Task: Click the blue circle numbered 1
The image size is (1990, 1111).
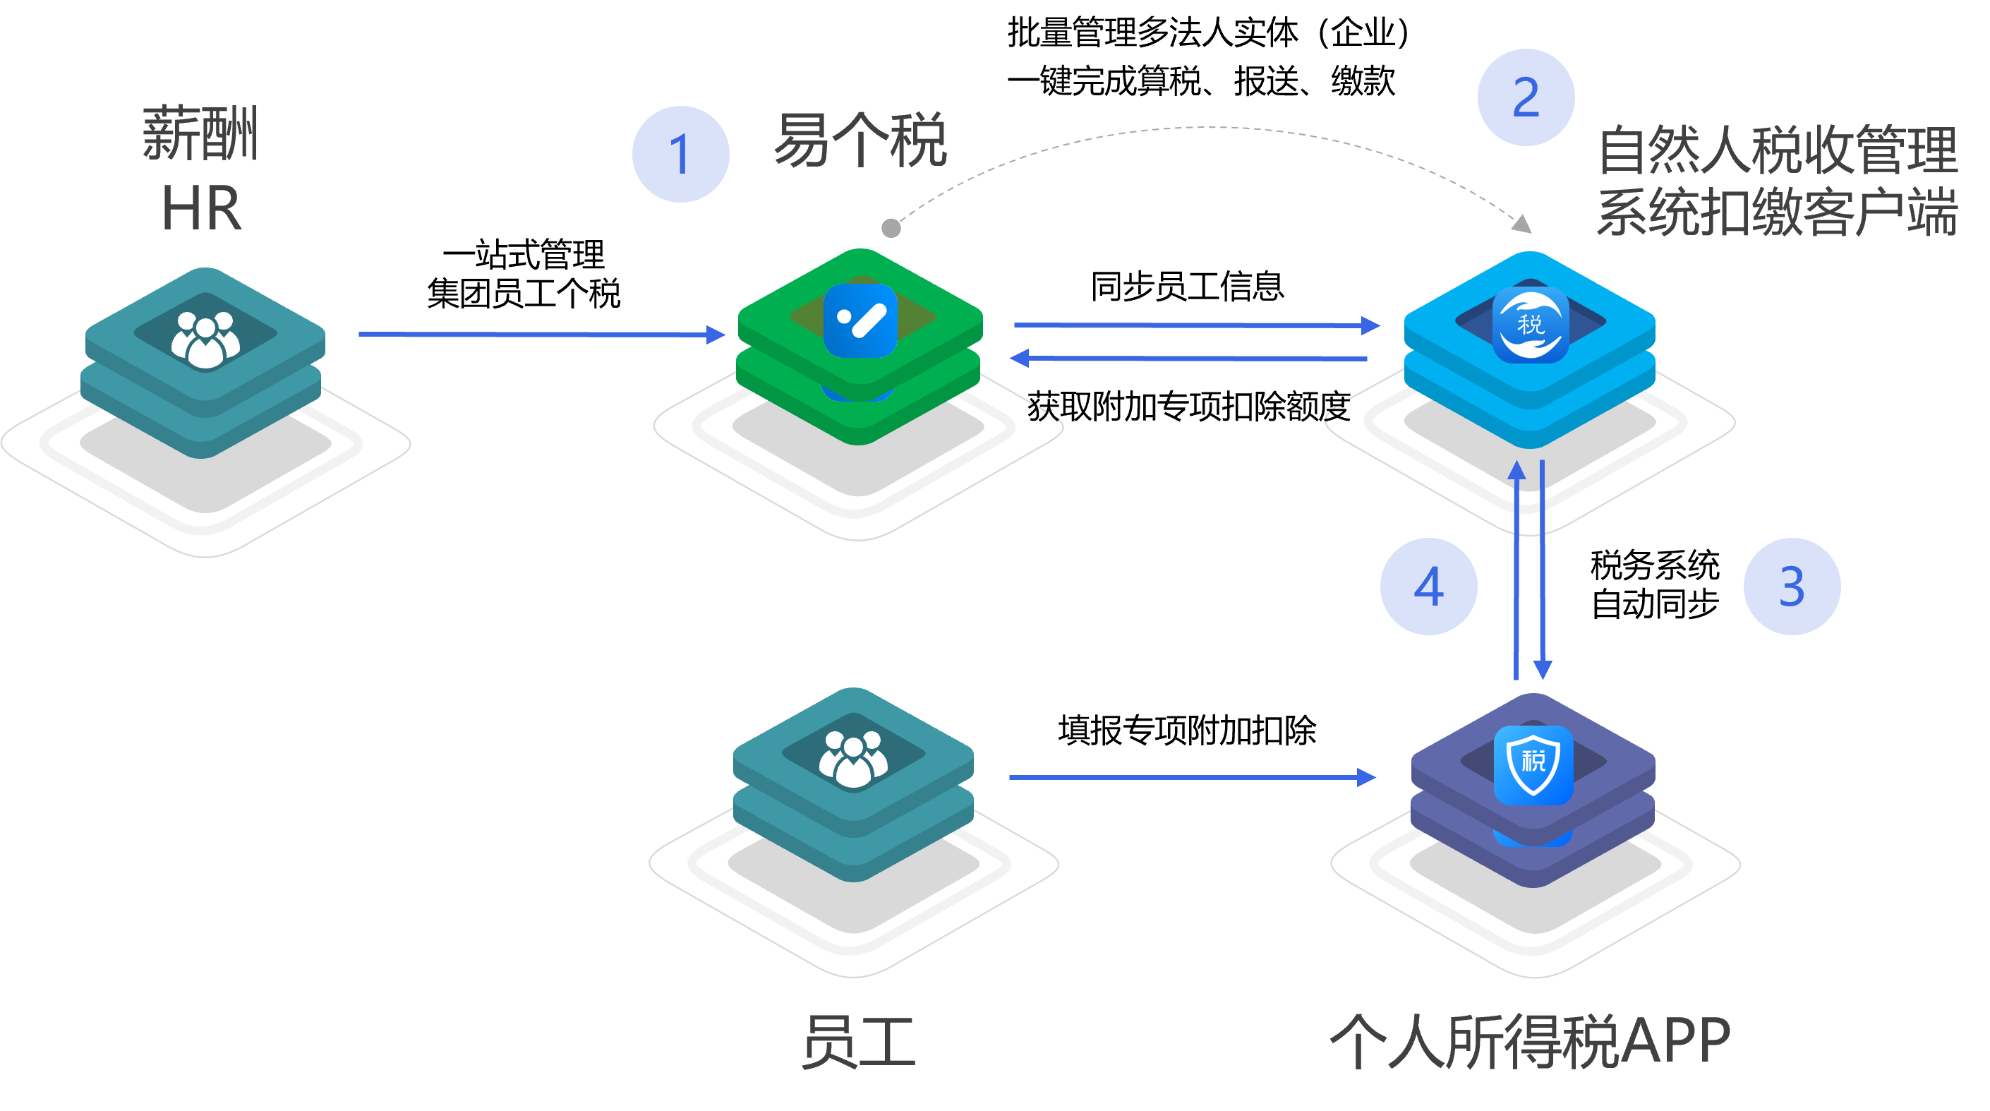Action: (x=680, y=155)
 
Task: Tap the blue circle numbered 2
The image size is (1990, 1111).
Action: (x=1526, y=97)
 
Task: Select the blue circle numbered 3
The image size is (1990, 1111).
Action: (x=1792, y=587)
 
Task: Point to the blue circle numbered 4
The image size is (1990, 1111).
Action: (x=1428, y=587)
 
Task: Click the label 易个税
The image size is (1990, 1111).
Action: (x=860, y=140)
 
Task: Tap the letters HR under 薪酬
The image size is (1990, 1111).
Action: (x=202, y=209)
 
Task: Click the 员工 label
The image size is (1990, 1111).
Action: (x=858, y=1041)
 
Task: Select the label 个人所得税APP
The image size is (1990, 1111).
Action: (x=1531, y=1041)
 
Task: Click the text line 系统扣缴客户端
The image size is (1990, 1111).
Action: (x=1777, y=212)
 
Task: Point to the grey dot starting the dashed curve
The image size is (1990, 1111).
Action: (x=891, y=228)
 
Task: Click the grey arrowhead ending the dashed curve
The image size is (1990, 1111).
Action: (x=1522, y=224)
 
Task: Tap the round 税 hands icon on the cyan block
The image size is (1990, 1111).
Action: (x=1531, y=324)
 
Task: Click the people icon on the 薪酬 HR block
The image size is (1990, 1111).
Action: (x=205, y=340)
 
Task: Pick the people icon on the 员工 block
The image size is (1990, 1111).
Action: (x=853, y=759)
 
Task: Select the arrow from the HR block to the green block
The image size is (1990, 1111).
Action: (x=541, y=335)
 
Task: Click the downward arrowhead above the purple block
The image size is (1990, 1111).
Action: (x=1543, y=669)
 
